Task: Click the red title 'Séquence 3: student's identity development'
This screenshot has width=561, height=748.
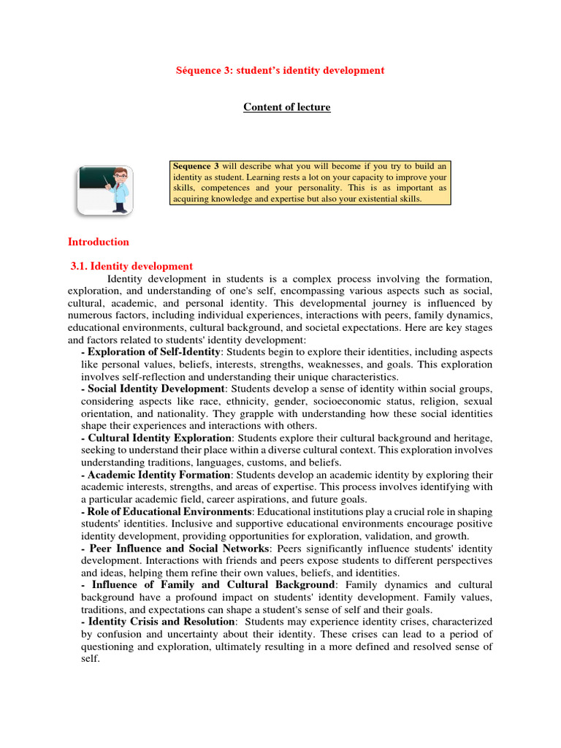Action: (x=280, y=70)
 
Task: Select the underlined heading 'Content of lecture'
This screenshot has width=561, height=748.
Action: (x=286, y=107)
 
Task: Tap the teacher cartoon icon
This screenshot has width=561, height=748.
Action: (x=105, y=189)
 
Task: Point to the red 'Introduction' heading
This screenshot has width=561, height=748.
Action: (x=98, y=242)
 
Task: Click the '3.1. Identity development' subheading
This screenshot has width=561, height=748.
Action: (x=132, y=267)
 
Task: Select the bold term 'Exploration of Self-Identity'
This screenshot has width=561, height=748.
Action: (x=154, y=352)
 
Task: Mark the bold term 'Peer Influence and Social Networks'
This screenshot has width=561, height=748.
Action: (x=175, y=548)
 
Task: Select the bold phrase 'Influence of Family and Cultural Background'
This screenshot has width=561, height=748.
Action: (x=209, y=585)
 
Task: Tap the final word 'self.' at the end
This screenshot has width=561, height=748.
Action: (x=90, y=658)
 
